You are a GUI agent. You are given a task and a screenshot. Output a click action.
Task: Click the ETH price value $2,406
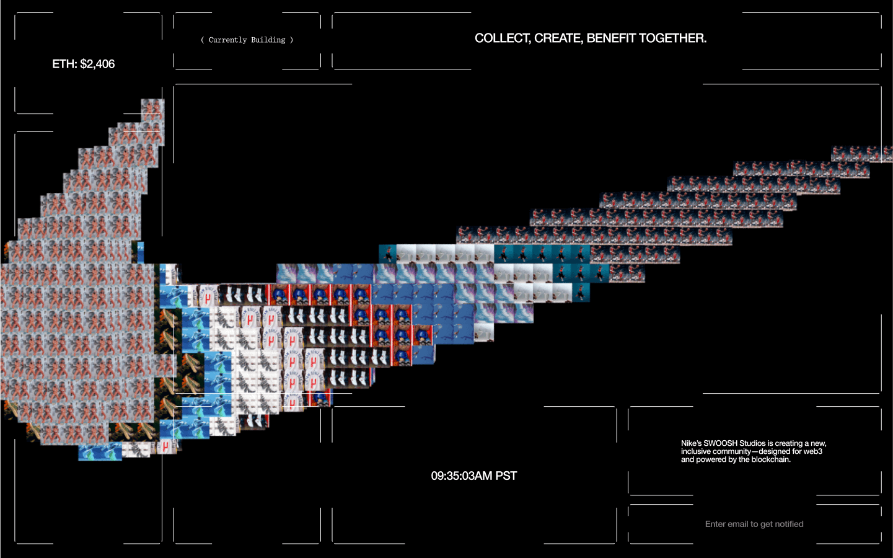97,64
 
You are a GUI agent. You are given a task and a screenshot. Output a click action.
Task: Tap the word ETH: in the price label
64,64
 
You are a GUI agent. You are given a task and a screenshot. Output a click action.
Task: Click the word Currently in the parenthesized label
227,40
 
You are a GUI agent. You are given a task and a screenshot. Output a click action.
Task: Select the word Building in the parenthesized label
268,40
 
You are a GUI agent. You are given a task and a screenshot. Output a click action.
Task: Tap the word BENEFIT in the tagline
610,38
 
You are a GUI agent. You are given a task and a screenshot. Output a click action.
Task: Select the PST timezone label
506,476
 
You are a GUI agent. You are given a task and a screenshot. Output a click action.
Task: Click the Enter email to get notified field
754,525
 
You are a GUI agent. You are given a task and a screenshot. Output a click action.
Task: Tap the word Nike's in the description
691,443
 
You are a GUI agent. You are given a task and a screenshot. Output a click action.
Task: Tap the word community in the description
732,451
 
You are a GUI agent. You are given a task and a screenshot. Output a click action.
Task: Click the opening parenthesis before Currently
203,40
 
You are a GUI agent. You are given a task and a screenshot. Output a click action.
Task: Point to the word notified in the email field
789,525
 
